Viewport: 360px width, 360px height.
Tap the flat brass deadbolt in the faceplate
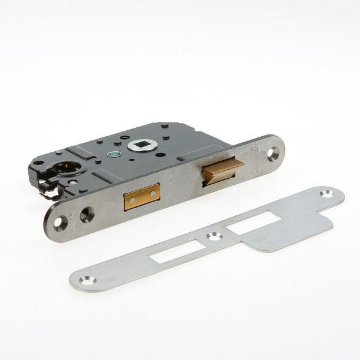[x=142, y=197]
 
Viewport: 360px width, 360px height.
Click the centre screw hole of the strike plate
[x=214, y=236]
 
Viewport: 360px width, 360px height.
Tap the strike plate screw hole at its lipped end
[x=328, y=194]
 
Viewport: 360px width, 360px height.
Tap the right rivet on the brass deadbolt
[x=152, y=193]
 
